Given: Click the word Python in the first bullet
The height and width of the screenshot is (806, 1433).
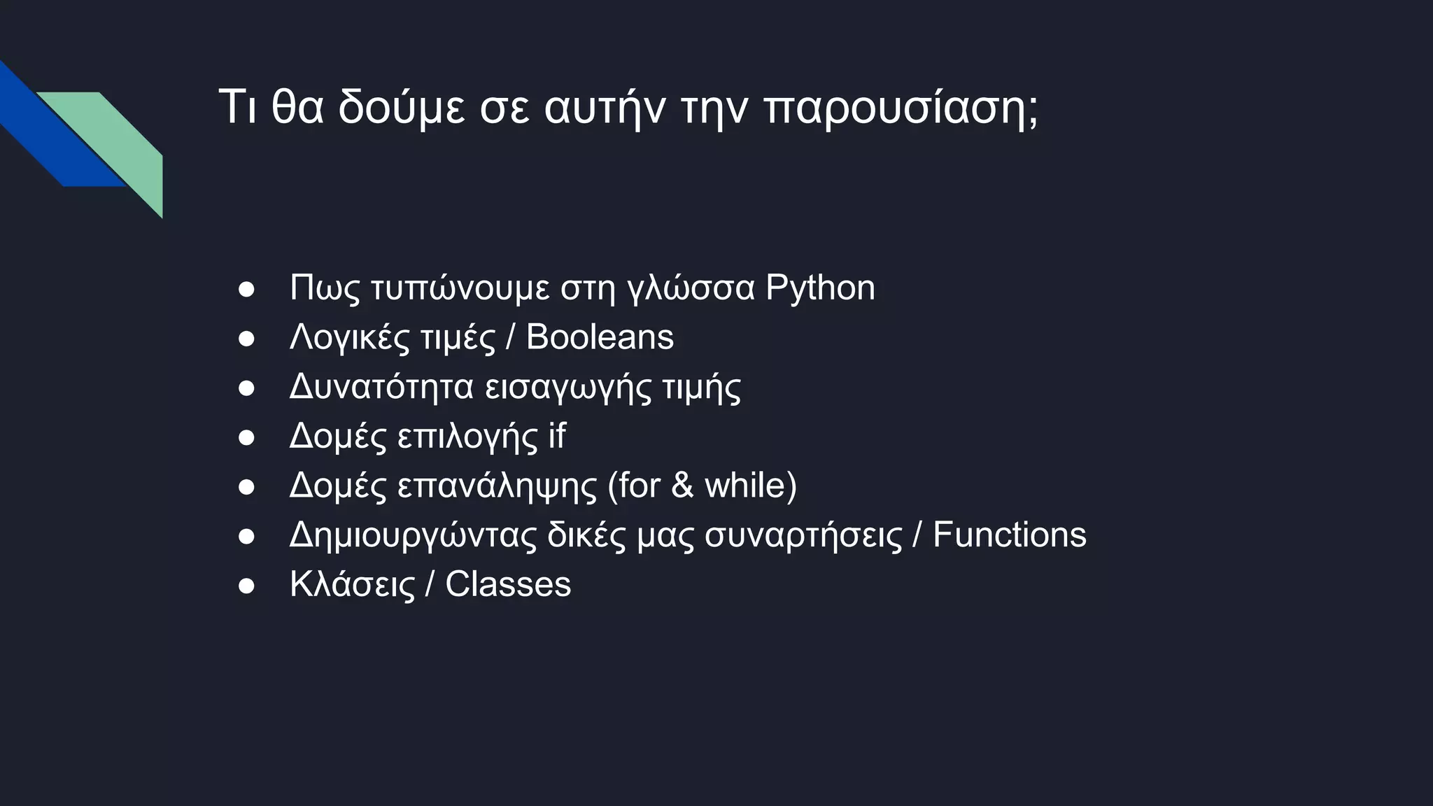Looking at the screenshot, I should [x=819, y=288].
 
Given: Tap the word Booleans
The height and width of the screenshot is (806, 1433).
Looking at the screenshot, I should [x=600, y=337].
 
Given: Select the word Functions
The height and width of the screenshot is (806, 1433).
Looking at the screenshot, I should [x=1009, y=535].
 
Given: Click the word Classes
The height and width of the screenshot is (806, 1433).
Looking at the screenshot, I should [x=508, y=585].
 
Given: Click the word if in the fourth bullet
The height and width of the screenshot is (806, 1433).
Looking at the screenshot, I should [x=557, y=436].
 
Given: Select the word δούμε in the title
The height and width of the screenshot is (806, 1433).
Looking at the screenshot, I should [x=402, y=108].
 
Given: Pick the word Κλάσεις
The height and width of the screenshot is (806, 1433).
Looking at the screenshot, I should [x=353, y=585].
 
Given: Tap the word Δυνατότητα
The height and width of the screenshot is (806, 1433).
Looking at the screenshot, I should [x=381, y=387].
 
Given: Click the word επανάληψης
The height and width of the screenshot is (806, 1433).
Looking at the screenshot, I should [x=497, y=486].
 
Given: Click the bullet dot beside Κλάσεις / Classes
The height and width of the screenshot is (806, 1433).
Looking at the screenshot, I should [x=246, y=586].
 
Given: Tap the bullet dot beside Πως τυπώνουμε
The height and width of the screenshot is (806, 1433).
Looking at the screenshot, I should [x=246, y=289].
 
